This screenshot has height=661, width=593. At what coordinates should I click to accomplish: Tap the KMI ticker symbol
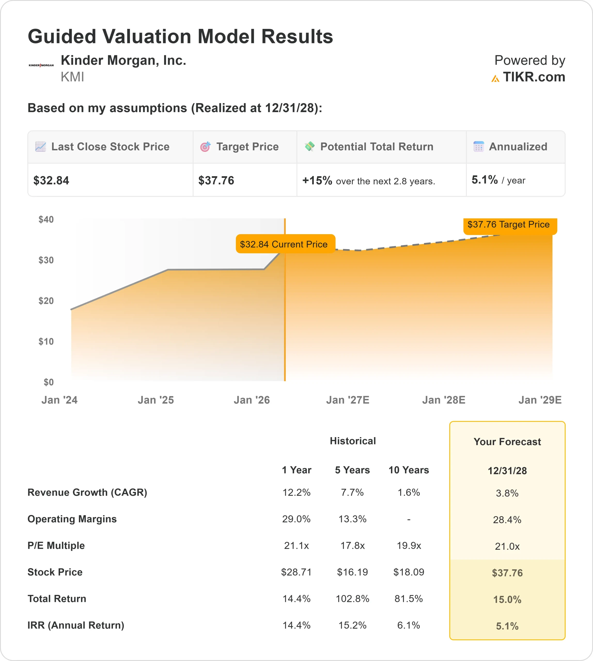coord(72,77)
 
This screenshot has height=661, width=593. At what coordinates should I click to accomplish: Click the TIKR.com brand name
coord(534,77)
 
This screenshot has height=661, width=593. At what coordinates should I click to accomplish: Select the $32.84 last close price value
coord(51,180)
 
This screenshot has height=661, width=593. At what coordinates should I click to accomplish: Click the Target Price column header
coord(247,147)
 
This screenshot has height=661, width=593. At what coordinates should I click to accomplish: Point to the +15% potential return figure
coord(317,180)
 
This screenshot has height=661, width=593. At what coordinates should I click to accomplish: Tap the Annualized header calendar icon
coord(478,147)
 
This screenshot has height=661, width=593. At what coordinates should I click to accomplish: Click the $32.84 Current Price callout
coord(284,244)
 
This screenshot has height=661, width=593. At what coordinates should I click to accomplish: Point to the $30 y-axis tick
coord(46,260)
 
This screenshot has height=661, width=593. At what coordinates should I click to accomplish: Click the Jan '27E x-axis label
coord(348,400)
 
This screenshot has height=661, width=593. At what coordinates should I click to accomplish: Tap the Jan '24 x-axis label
coord(59,400)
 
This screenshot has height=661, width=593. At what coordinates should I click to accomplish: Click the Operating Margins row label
coord(72,519)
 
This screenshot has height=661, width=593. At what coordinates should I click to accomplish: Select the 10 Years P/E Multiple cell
coord(409,546)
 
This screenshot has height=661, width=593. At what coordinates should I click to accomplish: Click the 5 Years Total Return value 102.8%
coord(352,599)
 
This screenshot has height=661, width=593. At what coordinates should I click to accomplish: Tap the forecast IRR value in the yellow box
coord(507,626)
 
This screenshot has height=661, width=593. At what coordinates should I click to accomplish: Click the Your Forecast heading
coord(507,442)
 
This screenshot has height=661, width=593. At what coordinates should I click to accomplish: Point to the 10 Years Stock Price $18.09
coord(409,572)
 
